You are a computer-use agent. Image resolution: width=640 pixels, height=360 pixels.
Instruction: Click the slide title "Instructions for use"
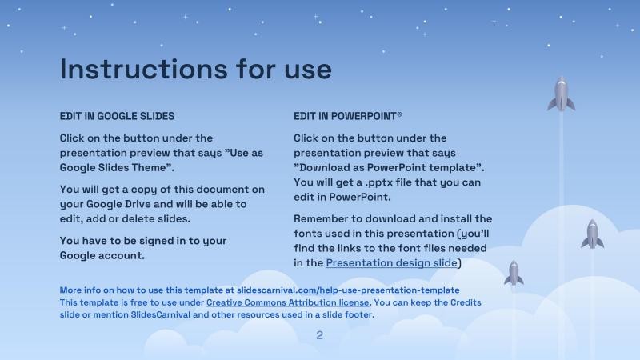(195, 69)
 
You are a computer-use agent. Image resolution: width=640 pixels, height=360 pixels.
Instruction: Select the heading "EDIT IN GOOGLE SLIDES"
(117, 116)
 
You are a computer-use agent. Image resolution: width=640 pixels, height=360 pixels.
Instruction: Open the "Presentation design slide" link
(392, 262)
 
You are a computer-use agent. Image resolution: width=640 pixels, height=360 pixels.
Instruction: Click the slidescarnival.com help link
(348, 290)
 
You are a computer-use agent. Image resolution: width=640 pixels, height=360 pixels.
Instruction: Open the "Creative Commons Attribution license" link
(288, 302)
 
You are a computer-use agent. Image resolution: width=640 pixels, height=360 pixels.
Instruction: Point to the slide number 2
(320, 335)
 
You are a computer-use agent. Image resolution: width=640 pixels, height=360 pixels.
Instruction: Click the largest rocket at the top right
(561, 94)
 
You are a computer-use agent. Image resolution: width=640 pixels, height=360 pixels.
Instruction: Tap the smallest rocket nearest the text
(514, 273)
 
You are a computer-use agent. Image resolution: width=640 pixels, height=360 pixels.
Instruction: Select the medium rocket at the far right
(592, 234)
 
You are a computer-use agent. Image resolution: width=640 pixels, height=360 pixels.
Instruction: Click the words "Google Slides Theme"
(116, 167)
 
